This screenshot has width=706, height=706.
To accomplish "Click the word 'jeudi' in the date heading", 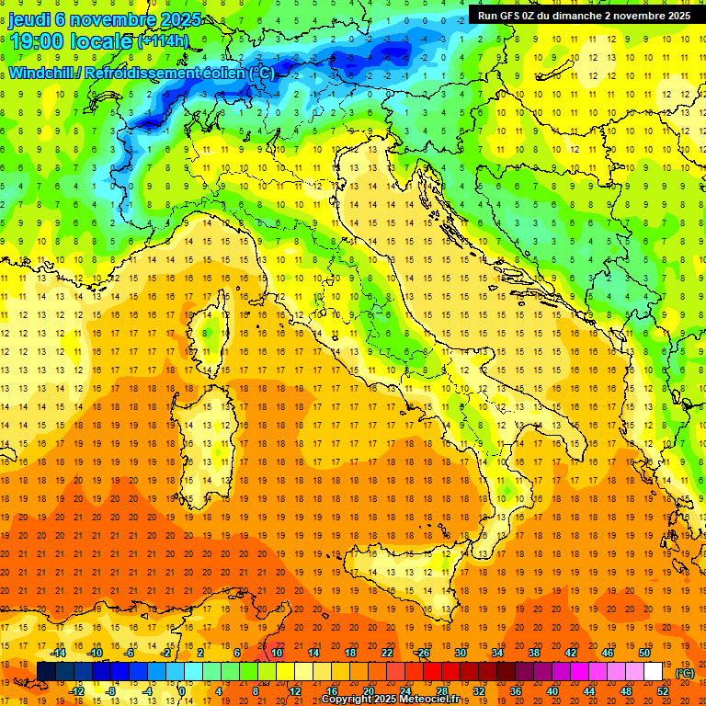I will [x=32, y=18].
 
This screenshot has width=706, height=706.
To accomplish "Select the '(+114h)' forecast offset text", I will [x=165, y=41].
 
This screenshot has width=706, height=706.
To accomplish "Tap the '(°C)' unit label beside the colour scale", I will [x=685, y=673].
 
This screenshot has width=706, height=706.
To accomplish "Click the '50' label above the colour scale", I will [x=643, y=653].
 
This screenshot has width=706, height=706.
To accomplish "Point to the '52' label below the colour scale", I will [x=662, y=690].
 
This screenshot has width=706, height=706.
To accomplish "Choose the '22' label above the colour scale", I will [x=386, y=653].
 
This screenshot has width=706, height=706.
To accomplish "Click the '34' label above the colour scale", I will [x=496, y=653].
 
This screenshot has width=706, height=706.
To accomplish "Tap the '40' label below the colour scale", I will [x=552, y=690].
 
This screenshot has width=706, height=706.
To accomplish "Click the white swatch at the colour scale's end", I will [x=653, y=671].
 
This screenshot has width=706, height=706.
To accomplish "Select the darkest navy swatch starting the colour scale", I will [x=46, y=671].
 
